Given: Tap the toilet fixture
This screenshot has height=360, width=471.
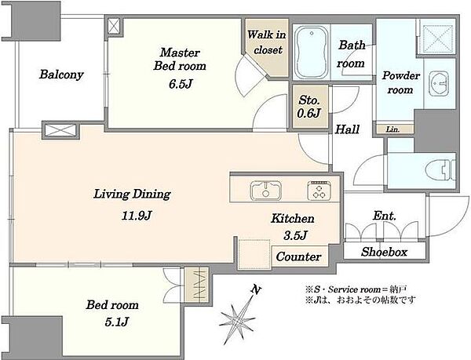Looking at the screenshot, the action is [441, 171].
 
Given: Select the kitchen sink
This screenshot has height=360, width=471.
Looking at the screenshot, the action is [266, 191].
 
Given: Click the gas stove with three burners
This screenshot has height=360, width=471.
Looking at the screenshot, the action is [319, 191].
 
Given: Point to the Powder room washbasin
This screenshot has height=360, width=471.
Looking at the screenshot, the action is [439, 84].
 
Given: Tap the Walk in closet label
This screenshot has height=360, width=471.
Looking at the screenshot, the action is [267, 42].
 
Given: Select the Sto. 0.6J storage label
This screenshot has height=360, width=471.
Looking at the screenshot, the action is [309, 107].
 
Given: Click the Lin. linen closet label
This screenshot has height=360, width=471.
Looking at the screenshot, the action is [392, 129].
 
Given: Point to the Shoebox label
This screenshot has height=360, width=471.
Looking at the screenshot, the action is [384, 252].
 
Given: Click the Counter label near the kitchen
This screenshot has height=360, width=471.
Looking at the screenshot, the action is [298, 256].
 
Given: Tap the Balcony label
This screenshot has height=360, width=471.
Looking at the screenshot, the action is [61, 75].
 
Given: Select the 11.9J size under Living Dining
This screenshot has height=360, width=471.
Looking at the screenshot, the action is [137, 216].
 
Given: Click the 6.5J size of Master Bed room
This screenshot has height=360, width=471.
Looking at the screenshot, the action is [181, 84].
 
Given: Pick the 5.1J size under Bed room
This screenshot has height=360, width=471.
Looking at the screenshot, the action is [117, 322].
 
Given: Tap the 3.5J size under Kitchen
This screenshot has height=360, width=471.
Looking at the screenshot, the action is [295, 235].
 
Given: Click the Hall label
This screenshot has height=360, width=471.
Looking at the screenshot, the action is [347, 129].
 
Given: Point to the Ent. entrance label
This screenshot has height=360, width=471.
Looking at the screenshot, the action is [385, 216].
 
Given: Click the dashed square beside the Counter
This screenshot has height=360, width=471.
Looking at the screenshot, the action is [254, 254].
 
